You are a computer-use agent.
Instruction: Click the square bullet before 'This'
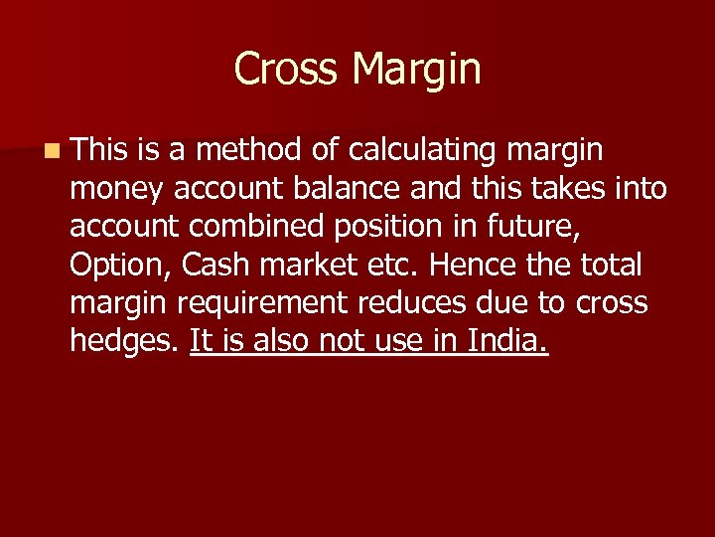point(51,151)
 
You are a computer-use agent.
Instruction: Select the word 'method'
point(248,150)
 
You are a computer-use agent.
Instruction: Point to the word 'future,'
point(527,228)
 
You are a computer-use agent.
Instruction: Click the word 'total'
point(609,266)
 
